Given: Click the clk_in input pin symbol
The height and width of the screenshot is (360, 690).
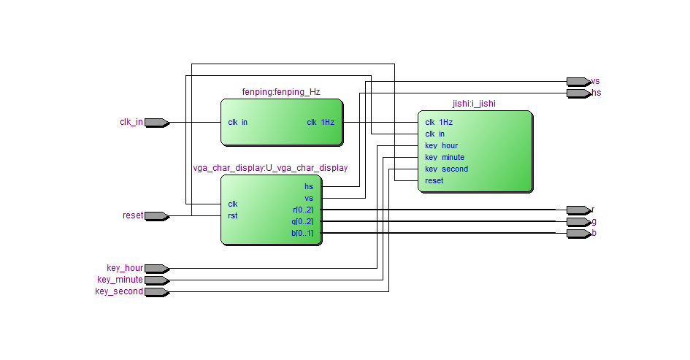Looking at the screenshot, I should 156,123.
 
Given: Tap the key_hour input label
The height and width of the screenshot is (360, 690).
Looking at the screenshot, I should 125,268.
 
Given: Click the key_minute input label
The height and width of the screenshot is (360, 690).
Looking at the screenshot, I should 120,280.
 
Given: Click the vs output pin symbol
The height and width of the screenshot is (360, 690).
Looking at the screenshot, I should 578,81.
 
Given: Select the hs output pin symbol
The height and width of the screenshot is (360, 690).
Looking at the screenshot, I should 578,93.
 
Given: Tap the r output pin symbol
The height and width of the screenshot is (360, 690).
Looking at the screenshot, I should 578,210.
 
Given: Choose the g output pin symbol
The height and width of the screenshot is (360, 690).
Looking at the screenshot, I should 578,221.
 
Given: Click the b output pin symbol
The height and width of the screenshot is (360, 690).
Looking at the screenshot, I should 578,233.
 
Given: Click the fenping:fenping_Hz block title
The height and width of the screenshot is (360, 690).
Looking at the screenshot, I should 281,92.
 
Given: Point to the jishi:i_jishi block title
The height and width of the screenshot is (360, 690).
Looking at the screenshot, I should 474,104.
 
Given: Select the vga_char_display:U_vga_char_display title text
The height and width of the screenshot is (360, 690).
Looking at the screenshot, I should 270,168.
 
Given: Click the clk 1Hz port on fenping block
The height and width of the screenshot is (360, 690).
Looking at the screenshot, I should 321,123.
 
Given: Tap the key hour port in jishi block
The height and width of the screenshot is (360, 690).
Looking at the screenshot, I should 442,146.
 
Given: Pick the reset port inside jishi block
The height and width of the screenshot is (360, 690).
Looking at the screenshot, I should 434,180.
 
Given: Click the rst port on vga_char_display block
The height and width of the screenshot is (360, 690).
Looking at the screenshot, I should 233,215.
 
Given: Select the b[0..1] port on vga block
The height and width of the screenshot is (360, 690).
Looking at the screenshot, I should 302,234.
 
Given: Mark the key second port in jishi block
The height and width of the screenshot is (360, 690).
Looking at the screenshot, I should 447,169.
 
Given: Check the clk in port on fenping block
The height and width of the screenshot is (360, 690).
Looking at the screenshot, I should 238,123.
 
